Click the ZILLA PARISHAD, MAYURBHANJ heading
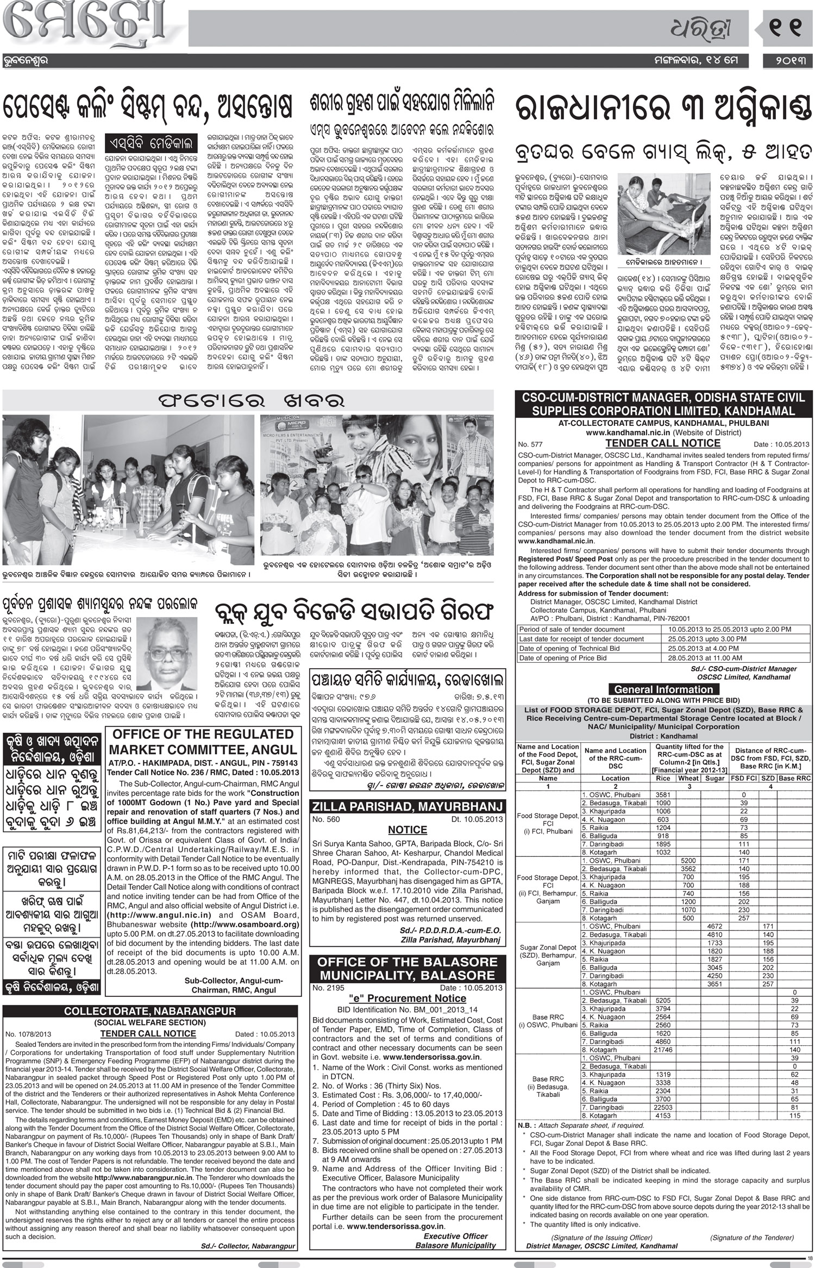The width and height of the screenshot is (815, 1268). click(406, 806)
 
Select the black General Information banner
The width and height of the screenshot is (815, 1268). click(663, 689)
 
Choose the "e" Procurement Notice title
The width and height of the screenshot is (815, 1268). click(407, 998)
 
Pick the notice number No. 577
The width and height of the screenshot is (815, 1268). click(530, 444)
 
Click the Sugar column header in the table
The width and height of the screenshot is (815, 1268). click(715, 778)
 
